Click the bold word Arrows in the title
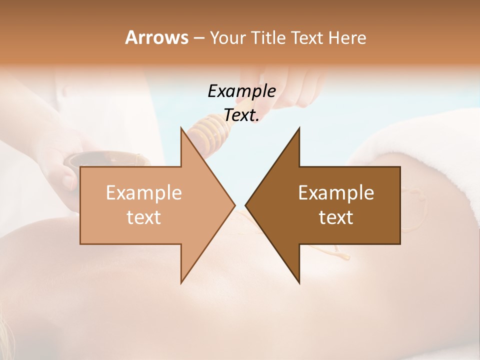[156, 37]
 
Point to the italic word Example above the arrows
[241, 91]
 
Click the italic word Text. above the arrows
[241, 115]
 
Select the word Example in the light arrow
[144, 193]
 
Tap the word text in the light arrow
[144, 217]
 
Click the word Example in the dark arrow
[336, 193]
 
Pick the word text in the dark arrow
[336, 217]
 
